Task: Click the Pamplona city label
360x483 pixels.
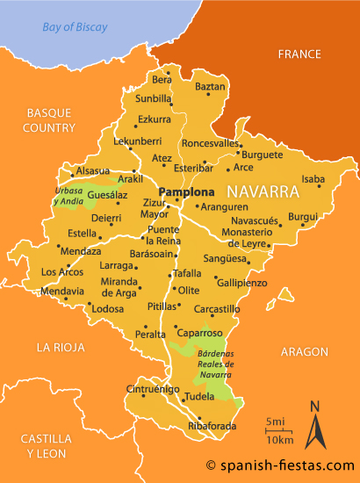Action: pos(185,191)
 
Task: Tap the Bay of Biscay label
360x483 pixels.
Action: pos(75,27)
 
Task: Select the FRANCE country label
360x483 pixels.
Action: pos(299,54)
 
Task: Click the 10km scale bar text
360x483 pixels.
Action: pos(279,438)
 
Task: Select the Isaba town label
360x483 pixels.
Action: pos(313,179)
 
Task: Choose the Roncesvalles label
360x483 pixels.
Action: pos(210,143)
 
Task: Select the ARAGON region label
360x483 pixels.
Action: pos(304,351)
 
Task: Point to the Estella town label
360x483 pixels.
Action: pos(83,234)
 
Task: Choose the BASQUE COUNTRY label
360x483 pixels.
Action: pos(51,120)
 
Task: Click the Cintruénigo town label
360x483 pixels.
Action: pos(154,388)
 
